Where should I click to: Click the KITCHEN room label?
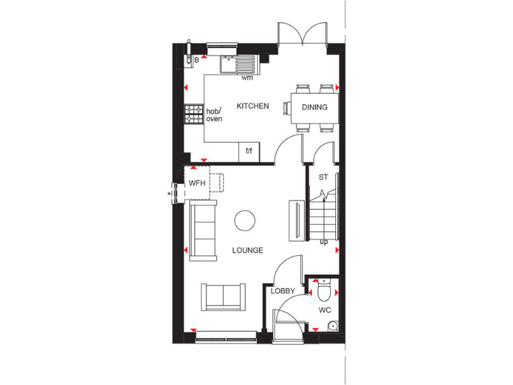(252, 106)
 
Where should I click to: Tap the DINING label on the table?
(315, 107)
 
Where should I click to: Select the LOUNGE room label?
(247, 251)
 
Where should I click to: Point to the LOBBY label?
(283, 291)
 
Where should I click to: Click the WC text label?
(325, 311)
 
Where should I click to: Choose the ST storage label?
(323, 177)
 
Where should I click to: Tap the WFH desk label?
(196, 182)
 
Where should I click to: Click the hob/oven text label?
(214, 115)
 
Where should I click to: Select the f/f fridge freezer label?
(248, 152)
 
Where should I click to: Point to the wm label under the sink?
(247, 78)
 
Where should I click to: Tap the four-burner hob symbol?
(194, 114)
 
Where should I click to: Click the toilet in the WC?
(323, 290)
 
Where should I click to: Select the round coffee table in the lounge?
(244, 220)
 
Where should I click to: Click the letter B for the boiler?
(196, 60)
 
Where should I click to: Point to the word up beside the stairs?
(324, 241)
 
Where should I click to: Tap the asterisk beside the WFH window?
(170, 195)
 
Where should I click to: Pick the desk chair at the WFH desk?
(218, 182)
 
